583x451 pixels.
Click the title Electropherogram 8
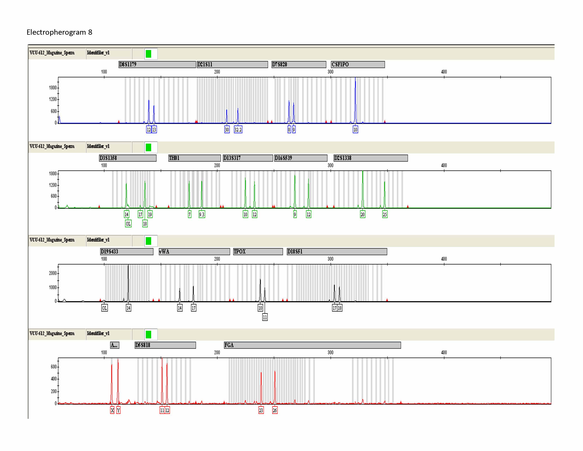tap(59, 32)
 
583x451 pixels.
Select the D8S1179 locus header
tap(157, 64)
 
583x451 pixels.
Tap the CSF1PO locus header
tap(358, 64)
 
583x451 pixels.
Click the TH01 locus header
tap(194, 158)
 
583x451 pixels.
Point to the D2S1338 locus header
tap(370, 158)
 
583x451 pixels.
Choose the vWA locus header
tap(194, 251)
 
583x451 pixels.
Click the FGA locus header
tap(312, 345)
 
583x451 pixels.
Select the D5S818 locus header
tap(165, 345)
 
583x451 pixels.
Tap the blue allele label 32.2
tap(238, 130)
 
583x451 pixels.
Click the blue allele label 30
tap(227, 130)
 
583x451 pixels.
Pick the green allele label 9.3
tap(202, 214)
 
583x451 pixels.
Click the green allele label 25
tap(385, 214)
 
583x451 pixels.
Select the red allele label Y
tap(118, 410)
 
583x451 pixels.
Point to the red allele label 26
tap(275, 410)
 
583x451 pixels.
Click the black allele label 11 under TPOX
tap(265, 317)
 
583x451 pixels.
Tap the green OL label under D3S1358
tap(128, 224)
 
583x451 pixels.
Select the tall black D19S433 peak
tap(128, 283)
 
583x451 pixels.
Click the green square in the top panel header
tap(148, 54)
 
